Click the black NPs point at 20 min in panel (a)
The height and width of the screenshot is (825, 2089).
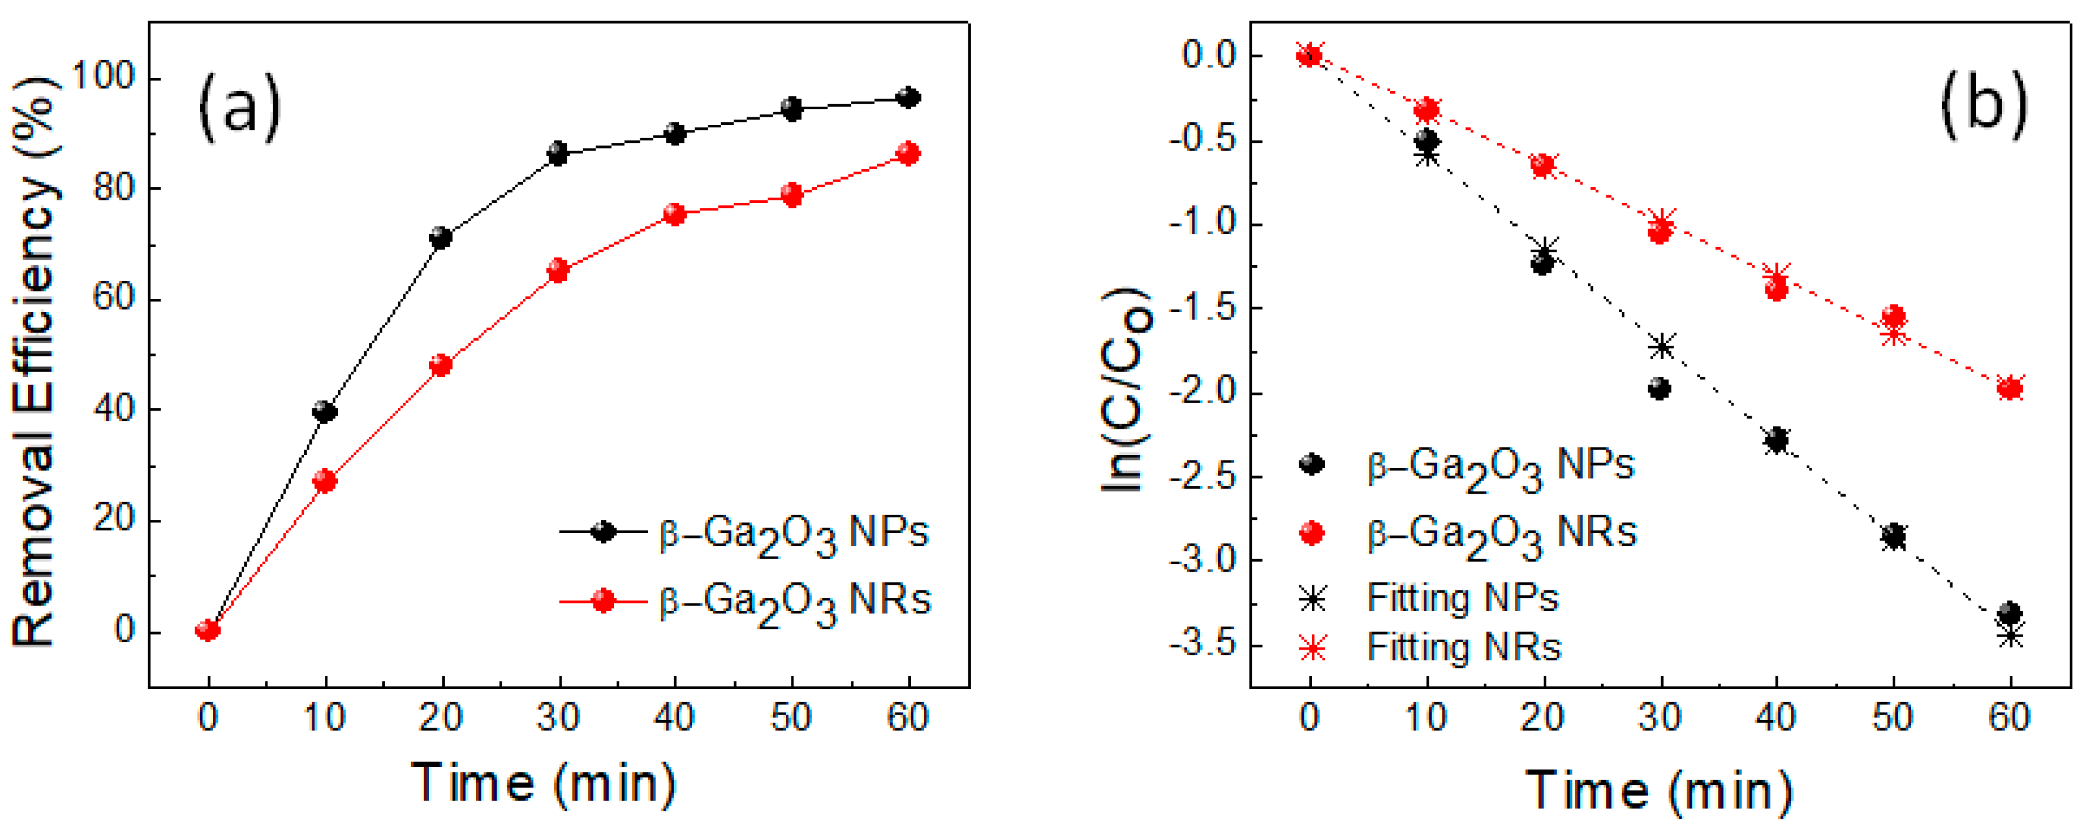coord(440,238)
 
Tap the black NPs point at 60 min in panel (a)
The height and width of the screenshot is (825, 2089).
coord(908,98)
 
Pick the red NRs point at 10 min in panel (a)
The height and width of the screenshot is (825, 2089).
coord(324,481)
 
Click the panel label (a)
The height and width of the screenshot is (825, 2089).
coord(240,106)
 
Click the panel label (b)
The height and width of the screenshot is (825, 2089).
coord(1983,103)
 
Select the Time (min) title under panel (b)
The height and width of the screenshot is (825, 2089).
coord(1659,791)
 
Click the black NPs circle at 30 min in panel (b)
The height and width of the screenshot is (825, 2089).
coord(1660,389)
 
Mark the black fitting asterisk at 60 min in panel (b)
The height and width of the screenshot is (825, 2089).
coord(2010,636)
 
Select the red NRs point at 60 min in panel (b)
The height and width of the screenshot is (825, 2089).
coord(2010,388)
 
